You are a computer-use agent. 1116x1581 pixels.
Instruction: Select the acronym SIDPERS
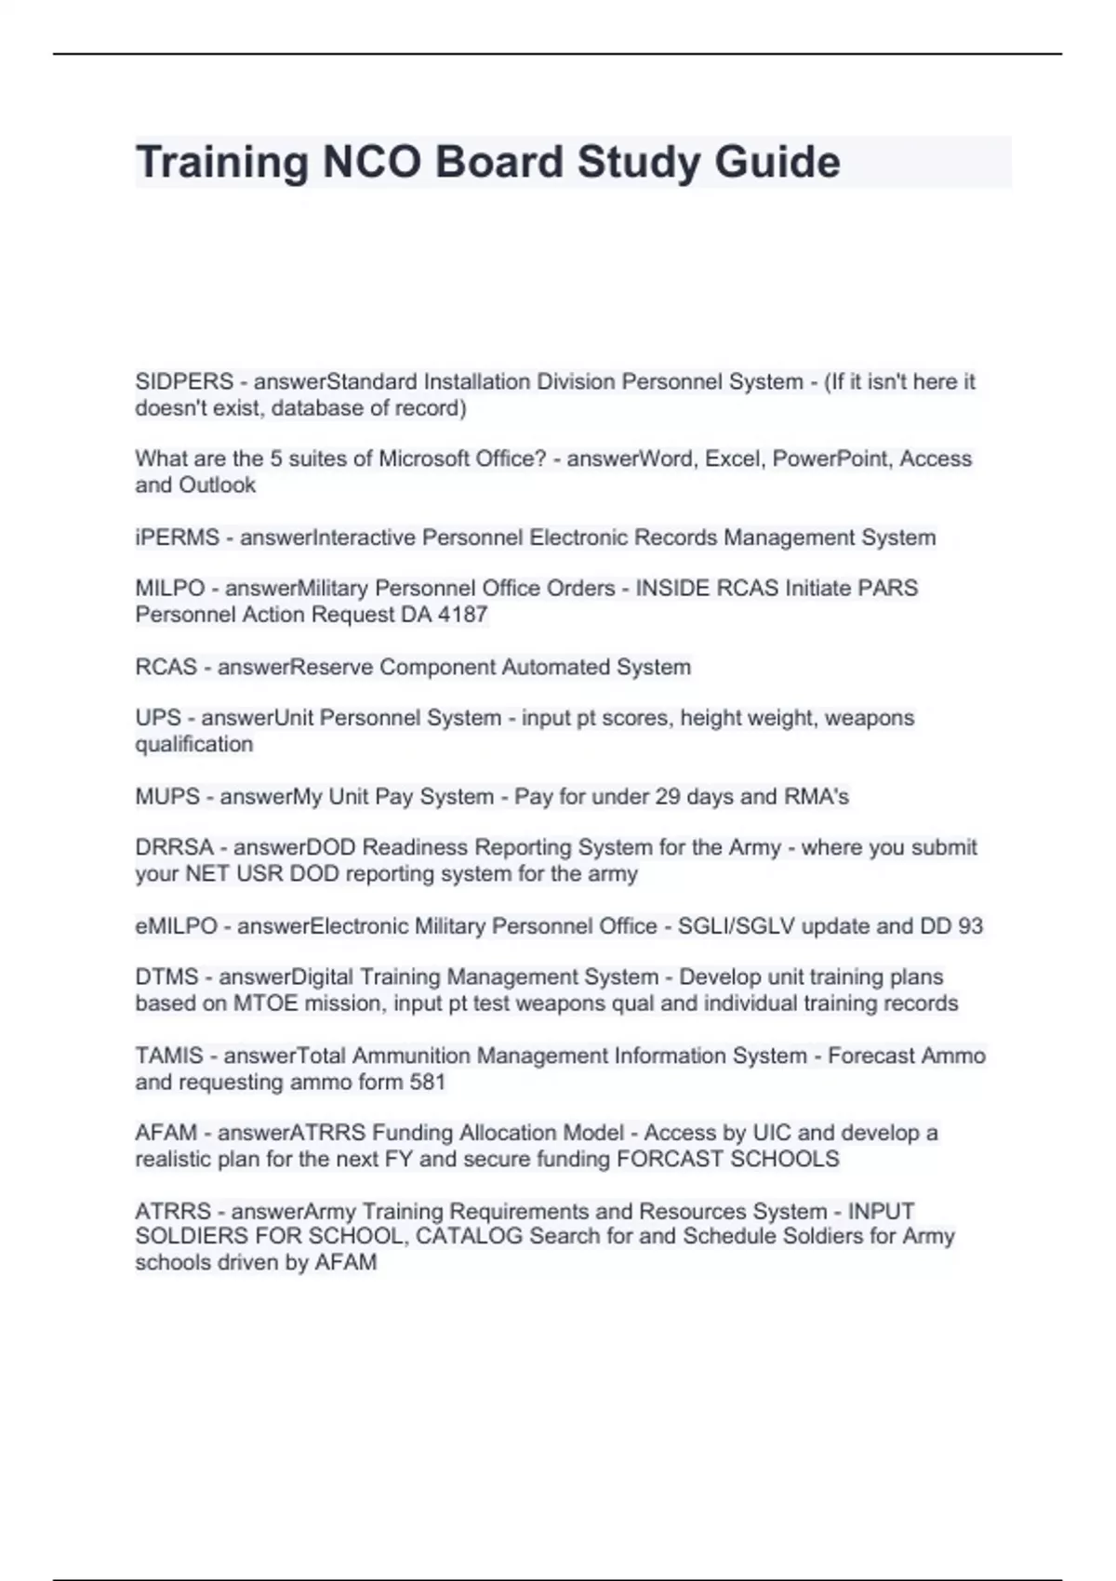(184, 382)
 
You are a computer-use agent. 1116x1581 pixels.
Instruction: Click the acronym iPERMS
(177, 538)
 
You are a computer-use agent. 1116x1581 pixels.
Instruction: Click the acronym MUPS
(167, 797)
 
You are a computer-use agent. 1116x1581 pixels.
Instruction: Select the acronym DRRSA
(174, 848)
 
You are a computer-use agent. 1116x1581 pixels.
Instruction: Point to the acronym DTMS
(166, 977)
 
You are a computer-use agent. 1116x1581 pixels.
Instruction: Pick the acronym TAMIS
(168, 1056)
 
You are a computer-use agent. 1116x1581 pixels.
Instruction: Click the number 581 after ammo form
(428, 1083)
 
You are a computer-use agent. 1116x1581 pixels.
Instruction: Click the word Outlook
(217, 485)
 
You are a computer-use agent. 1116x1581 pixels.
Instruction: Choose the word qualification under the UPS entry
(193, 745)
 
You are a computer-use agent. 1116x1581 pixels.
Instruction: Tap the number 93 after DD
(970, 926)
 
